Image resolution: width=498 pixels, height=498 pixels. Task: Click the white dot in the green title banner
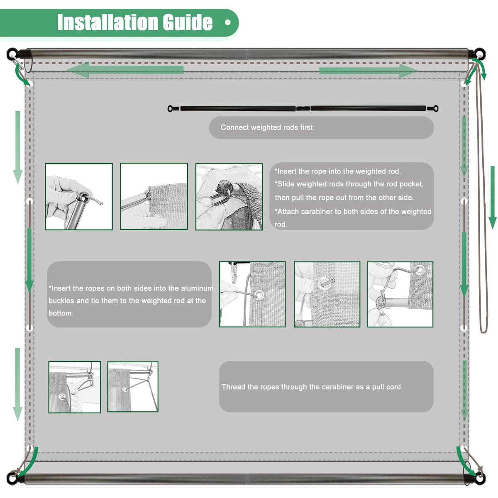[228, 22]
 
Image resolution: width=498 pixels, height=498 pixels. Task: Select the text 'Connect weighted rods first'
[266, 127]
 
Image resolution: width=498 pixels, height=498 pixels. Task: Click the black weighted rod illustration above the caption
[303, 108]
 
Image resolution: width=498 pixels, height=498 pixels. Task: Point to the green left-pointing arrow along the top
[125, 70]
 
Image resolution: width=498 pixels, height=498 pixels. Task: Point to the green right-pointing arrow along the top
[369, 71]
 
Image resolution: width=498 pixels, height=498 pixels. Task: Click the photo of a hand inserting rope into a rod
[79, 196]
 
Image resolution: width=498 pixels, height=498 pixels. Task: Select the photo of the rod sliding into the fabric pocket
[154, 196]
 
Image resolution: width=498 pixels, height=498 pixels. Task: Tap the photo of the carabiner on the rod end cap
[229, 197]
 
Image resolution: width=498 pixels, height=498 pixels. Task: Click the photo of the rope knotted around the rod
[400, 294]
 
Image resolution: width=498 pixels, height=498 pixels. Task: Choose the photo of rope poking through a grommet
[327, 294]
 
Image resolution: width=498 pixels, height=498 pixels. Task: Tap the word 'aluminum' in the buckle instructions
[197, 288]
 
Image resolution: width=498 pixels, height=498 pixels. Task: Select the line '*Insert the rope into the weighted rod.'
[337, 171]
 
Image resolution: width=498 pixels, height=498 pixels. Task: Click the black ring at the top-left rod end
[12, 54]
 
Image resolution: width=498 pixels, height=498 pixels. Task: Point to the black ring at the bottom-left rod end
[12, 478]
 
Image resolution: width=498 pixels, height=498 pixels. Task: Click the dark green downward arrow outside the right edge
[493, 198]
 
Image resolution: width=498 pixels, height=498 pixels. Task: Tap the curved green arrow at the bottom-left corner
[29, 464]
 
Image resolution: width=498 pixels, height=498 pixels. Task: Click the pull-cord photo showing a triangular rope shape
[133, 387]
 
